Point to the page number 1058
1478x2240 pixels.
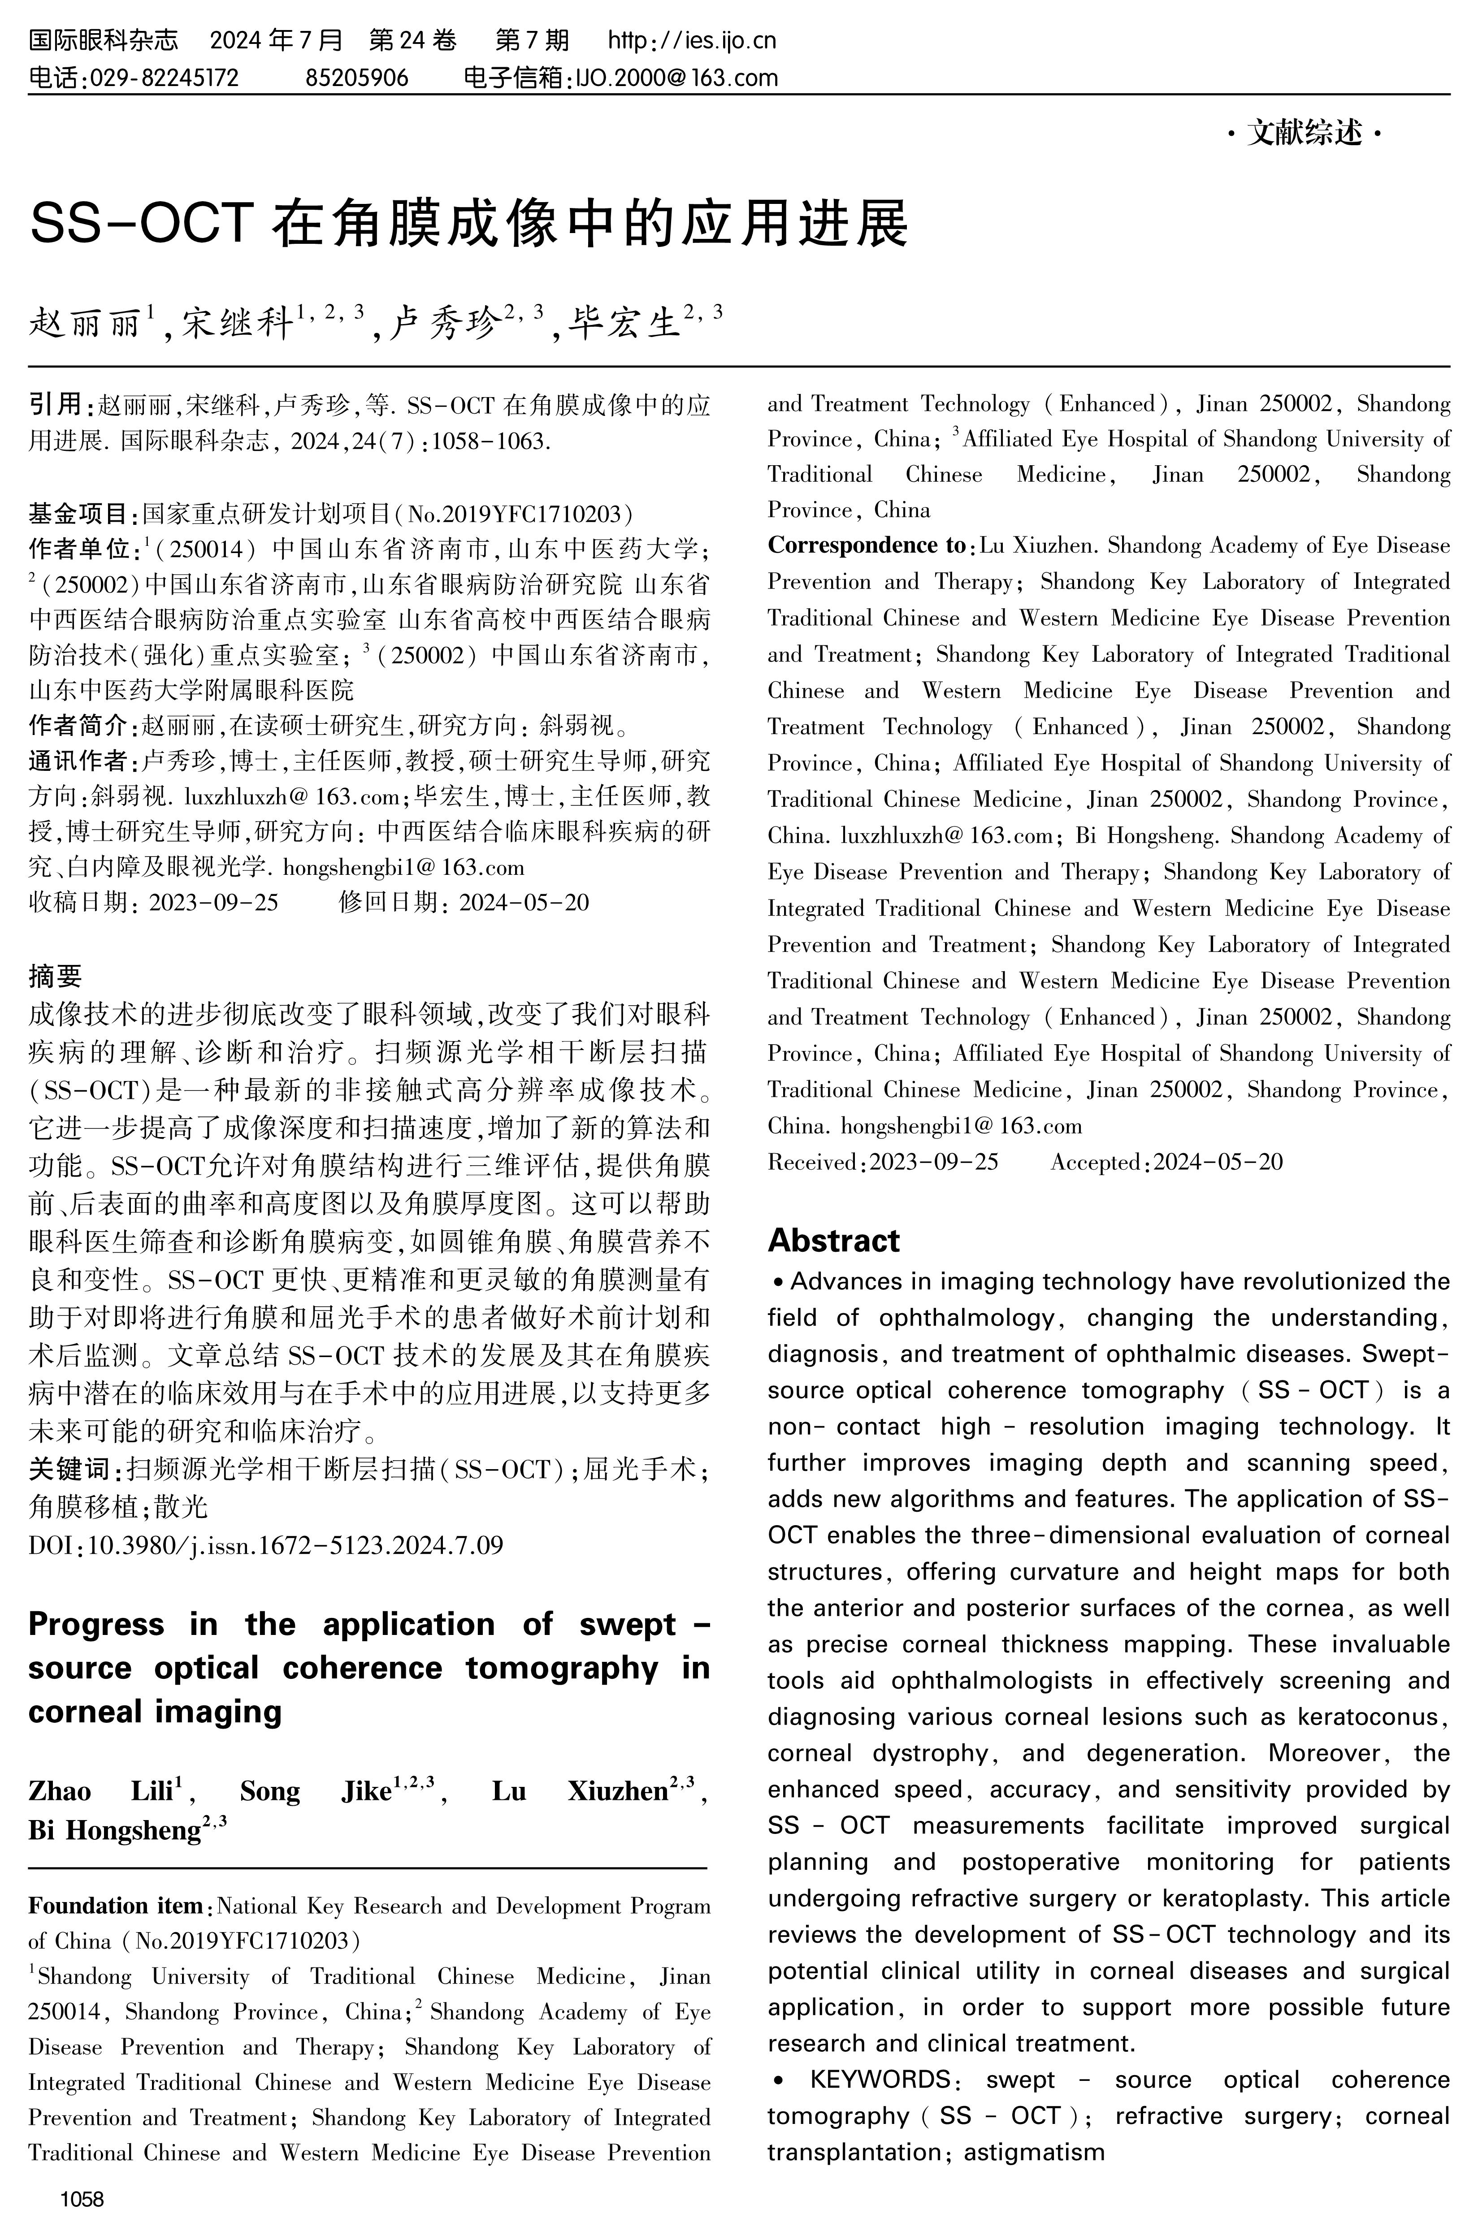(82, 2200)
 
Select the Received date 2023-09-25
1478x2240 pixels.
(933, 1162)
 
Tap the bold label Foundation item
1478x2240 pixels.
(115, 1906)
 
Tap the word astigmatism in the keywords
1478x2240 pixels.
(1034, 2151)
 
